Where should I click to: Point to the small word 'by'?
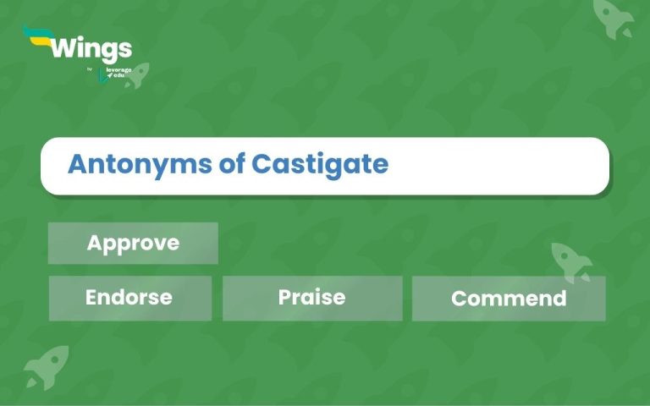(90, 69)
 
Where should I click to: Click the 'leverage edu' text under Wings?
(119, 73)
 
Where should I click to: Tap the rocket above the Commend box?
(571, 261)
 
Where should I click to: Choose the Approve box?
(133, 244)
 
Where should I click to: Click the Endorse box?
(129, 298)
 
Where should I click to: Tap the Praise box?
(311, 298)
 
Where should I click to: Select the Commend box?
(509, 299)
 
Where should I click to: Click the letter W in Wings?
(63, 47)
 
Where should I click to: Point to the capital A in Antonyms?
(77, 164)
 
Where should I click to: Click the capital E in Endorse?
(92, 298)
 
